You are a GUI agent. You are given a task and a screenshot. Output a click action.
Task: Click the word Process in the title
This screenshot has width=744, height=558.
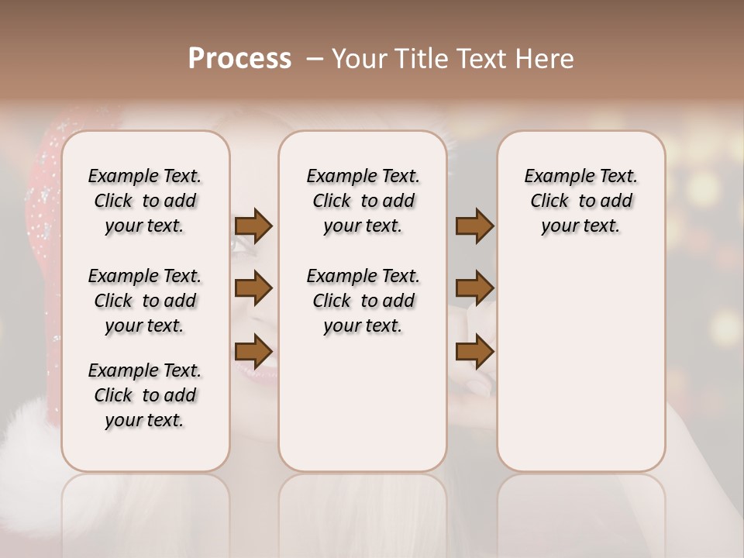pyautogui.click(x=239, y=59)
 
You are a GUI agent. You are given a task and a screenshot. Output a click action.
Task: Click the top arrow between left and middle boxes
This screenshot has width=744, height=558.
pyautogui.click(x=253, y=226)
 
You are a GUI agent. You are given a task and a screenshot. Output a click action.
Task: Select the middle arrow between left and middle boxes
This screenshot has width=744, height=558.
pyautogui.click(x=253, y=289)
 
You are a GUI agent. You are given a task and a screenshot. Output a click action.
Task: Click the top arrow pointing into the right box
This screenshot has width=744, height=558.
pyautogui.click(x=474, y=226)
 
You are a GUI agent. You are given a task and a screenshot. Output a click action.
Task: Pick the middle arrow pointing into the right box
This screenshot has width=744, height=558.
pyautogui.click(x=474, y=289)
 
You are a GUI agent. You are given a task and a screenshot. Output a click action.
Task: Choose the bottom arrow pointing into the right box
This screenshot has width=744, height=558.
pyautogui.click(x=474, y=352)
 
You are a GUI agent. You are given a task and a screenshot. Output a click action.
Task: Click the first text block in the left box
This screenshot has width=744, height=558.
pyautogui.click(x=145, y=201)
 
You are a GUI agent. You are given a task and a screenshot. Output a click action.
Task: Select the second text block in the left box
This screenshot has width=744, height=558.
pyautogui.click(x=145, y=301)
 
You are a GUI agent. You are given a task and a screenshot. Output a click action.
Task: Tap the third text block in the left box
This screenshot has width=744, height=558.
pyautogui.click(x=145, y=395)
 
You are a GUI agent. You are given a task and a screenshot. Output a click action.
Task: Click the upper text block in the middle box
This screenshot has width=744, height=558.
pyautogui.click(x=363, y=201)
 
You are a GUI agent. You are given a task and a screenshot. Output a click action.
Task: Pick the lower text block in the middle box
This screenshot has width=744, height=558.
pyautogui.click(x=363, y=301)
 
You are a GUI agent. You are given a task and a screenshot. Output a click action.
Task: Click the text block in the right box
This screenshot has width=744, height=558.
pyautogui.click(x=580, y=201)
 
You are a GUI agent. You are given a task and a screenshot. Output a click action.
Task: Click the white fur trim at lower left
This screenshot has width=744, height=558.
pyautogui.click(x=27, y=434)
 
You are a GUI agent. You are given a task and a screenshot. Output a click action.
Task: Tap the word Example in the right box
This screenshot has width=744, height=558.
pyautogui.click(x=553, y=177)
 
